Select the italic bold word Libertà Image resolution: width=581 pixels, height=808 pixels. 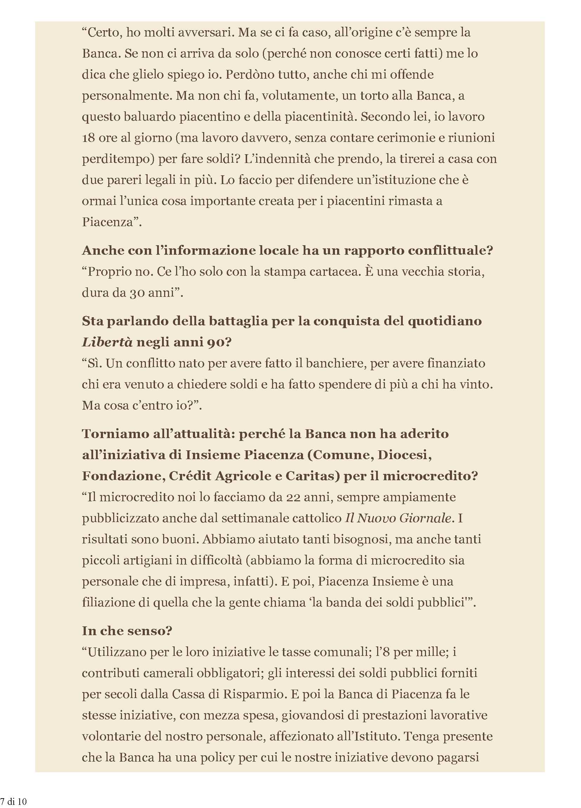coord(107,343)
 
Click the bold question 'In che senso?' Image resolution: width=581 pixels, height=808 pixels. coord(127,631)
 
